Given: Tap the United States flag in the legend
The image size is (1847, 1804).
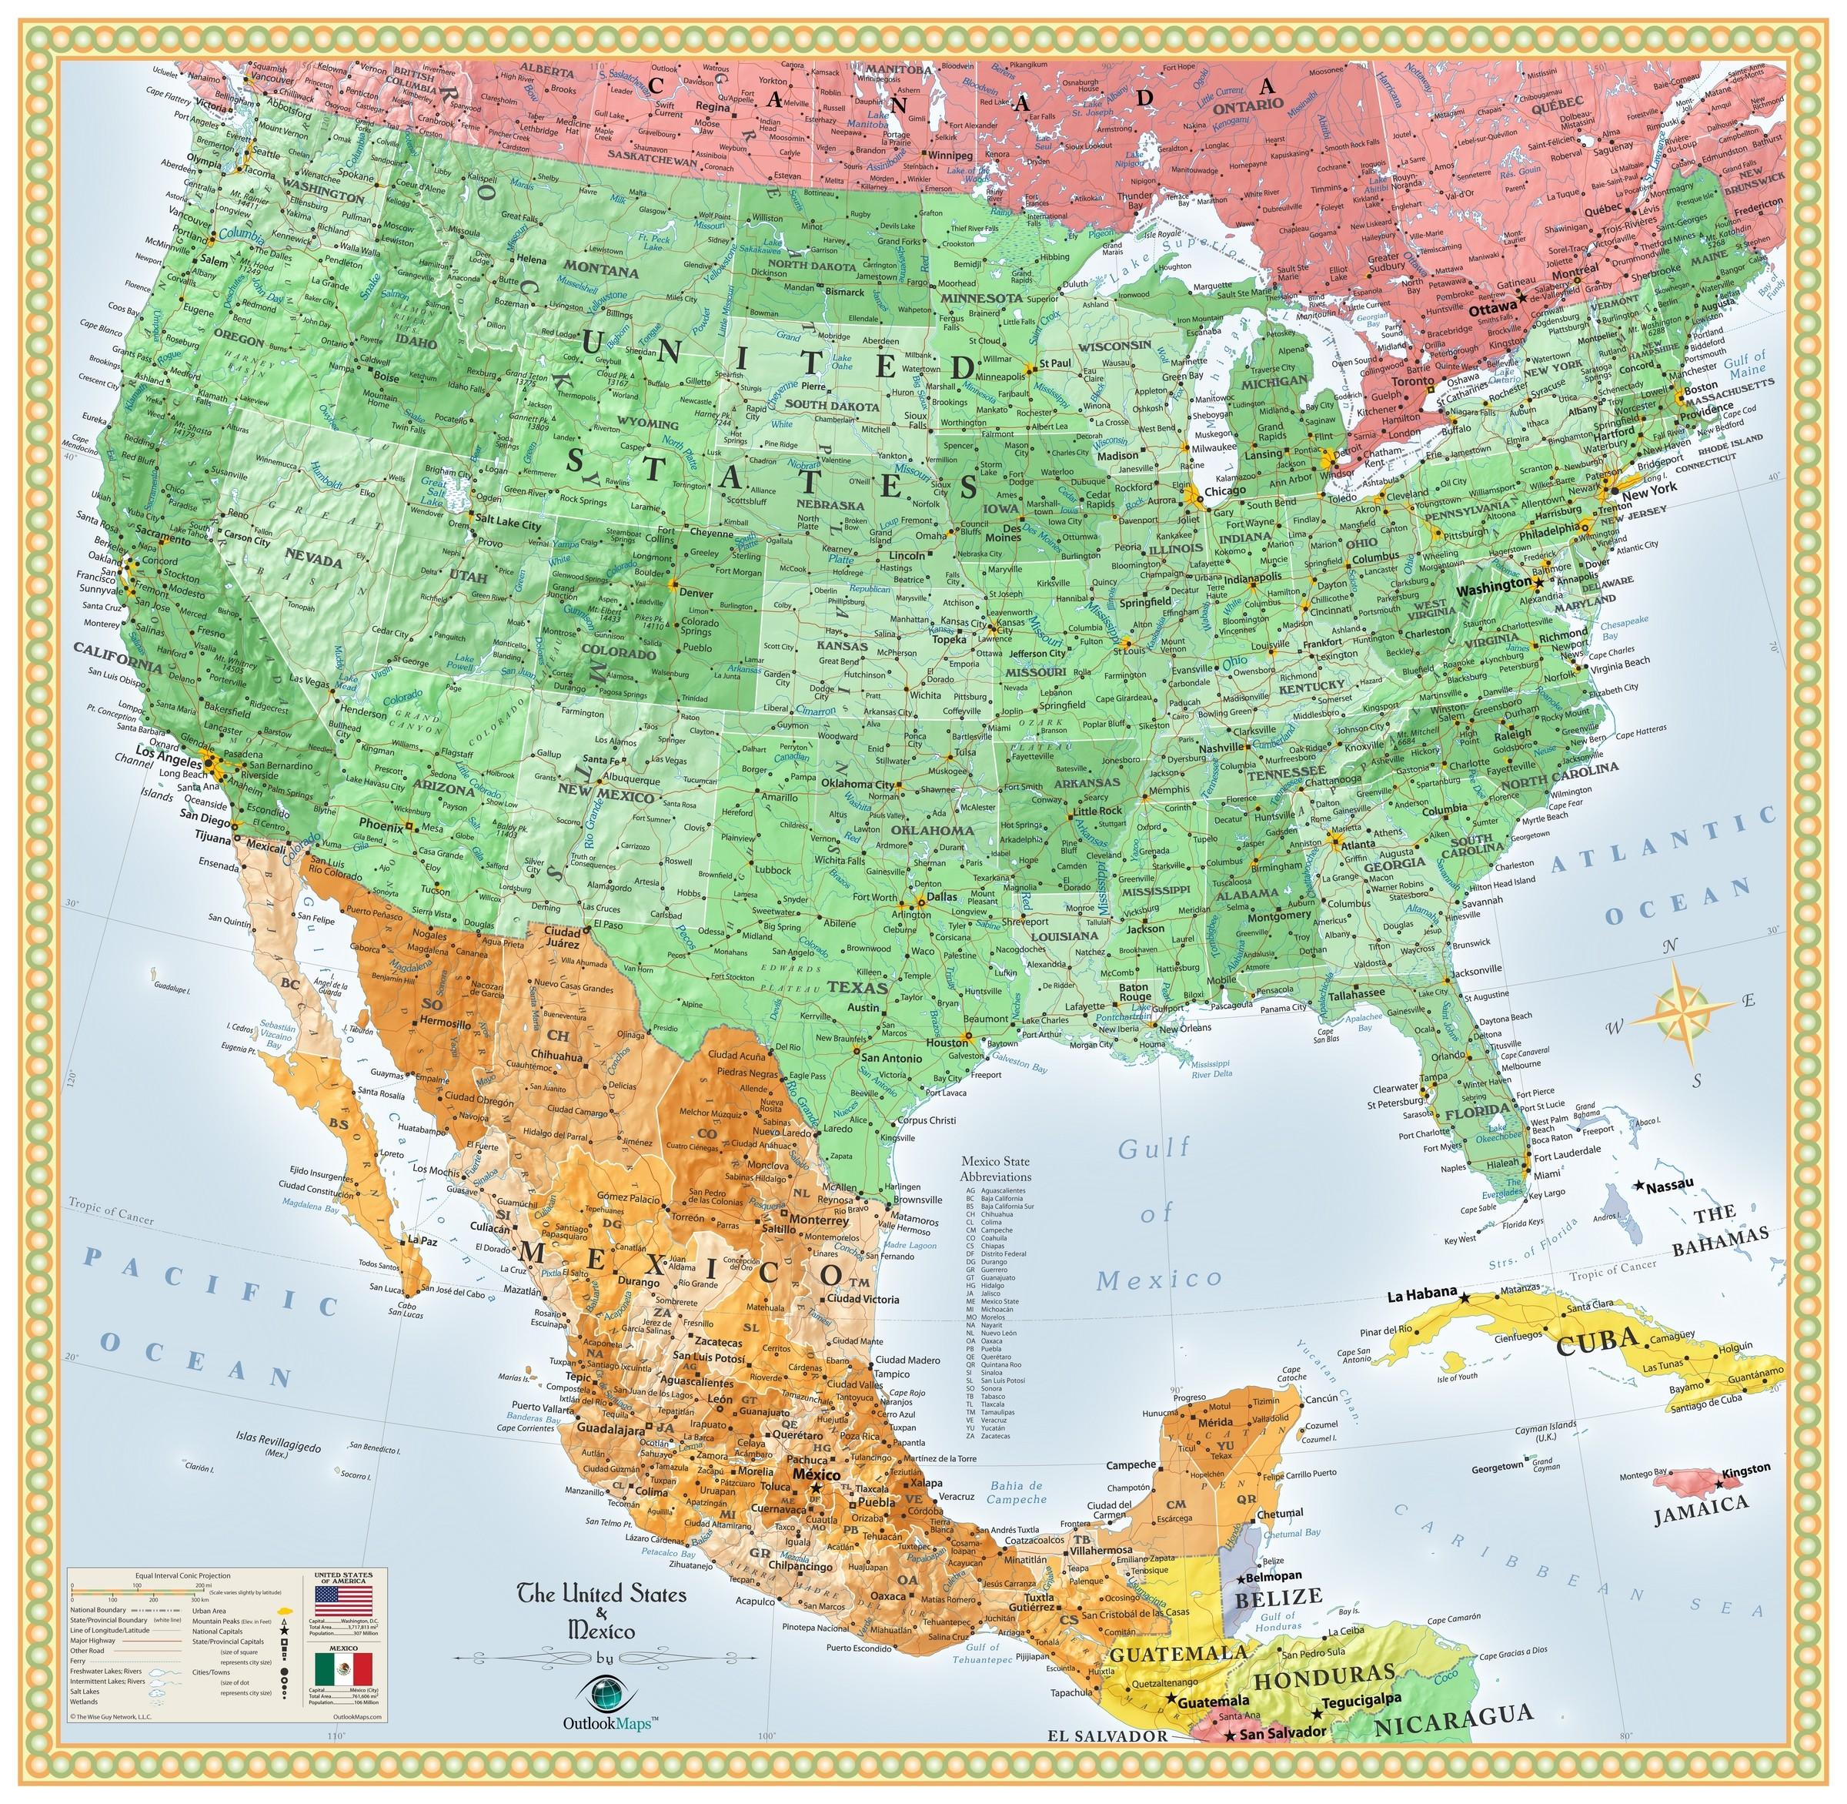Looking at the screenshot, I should [343, 1606].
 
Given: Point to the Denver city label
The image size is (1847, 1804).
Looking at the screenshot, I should [696, 593].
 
